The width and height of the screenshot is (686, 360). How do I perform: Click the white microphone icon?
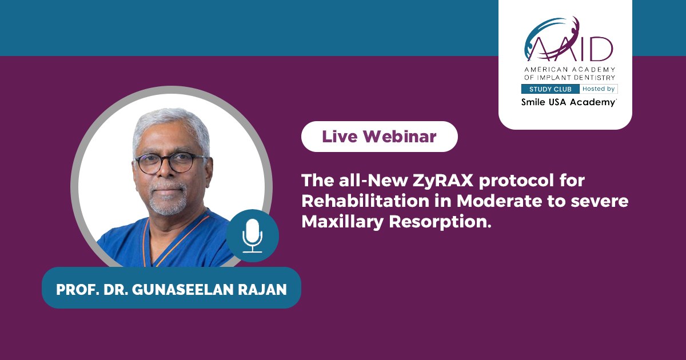[x=252, y=235]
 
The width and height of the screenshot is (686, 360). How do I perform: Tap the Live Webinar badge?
[x=380, y=137]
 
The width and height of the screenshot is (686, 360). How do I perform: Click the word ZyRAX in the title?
[x=443, y=181]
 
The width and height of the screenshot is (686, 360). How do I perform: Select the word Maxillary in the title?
[x=342, y=222]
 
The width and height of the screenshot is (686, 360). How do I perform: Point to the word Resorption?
[x=440, y=222]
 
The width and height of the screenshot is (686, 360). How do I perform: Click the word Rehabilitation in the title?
[x=366, y=201]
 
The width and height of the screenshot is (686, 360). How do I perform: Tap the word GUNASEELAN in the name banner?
[x=183, y=290]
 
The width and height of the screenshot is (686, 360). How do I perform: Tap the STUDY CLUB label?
[x=551, y=89]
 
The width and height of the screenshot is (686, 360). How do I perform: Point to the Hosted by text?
[x=599, y=89]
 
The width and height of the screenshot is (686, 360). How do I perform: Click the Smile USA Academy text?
[x=569, y=102]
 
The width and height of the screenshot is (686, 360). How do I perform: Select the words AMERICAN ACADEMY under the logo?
[x=569, y=70]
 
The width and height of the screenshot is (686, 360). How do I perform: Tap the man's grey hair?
[x=171, y=126]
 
